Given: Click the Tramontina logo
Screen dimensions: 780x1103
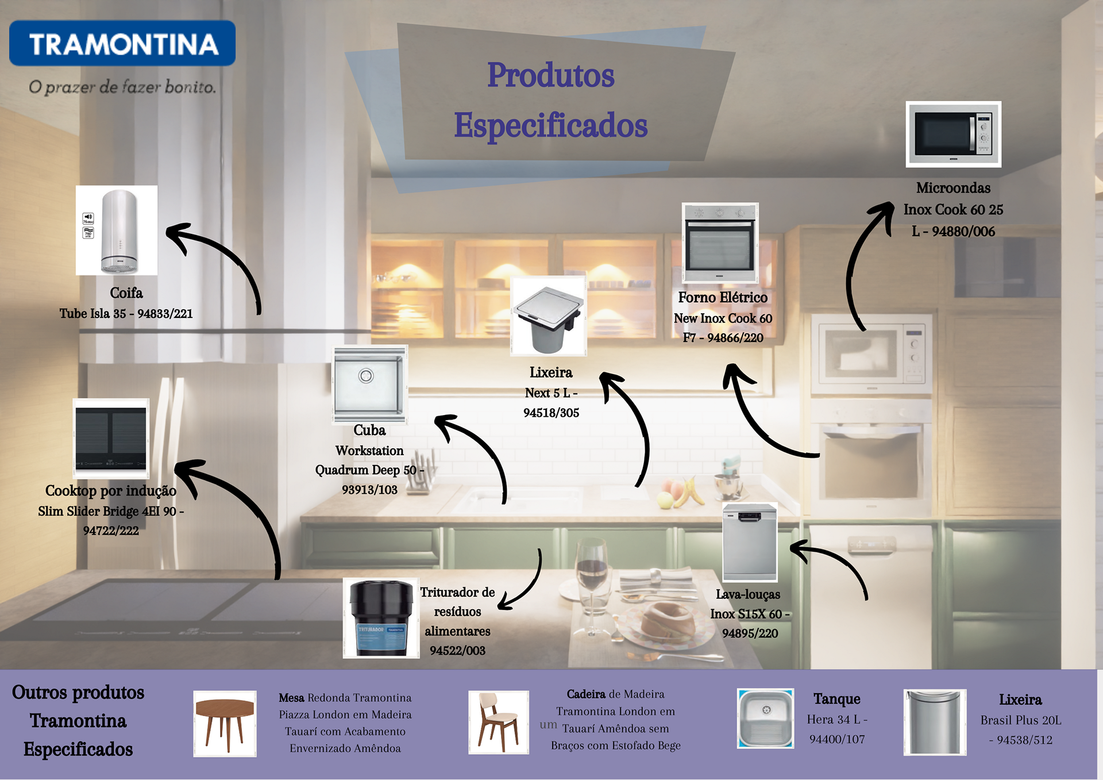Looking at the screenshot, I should pos(122,44).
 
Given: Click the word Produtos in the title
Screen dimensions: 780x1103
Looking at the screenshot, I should pos(550,75).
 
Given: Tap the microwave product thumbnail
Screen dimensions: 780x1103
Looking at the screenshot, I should pos(953,135).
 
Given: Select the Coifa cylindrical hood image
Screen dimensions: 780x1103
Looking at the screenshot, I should pos(117,230).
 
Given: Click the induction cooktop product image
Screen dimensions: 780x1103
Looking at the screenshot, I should pos(111,438).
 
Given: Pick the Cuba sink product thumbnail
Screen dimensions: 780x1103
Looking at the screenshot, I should pos(370,383).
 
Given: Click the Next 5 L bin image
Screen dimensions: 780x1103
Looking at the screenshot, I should pos(549,316).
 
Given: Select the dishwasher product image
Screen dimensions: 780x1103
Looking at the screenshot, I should pos(749,542).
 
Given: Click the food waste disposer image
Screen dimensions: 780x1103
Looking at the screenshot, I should pos(381,618).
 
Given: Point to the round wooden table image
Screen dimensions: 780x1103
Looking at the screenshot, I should pos(225,724).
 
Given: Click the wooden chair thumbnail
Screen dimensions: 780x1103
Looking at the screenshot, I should pos(498,722).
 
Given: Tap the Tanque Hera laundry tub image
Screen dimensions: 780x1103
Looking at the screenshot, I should pos(765,718).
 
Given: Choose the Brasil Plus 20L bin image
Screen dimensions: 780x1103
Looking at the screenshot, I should pos(934,722).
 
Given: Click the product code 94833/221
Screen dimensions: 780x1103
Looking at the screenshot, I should pos(165,314).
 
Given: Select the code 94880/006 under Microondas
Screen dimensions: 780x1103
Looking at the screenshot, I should pos(963,232).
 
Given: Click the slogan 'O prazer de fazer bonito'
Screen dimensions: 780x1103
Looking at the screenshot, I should pos(122,87).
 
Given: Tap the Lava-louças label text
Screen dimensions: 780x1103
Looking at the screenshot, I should pos(747,594).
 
